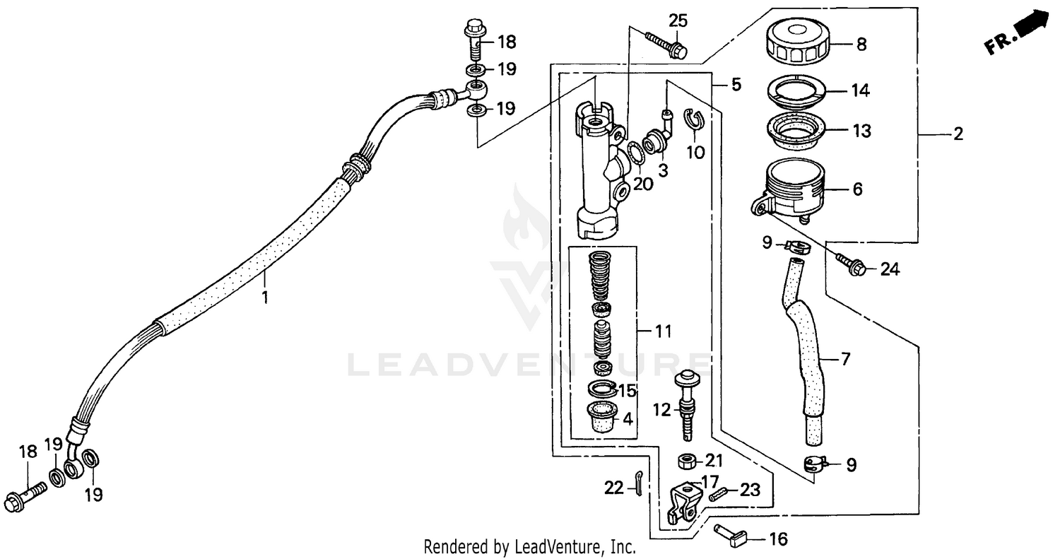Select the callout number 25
pos(678,20)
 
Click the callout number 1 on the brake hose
pos(265,298)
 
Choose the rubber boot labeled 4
pos(600,416)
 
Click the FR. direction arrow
pos(1021,33)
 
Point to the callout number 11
pos(664,331)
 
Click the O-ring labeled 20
pos(635,152)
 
